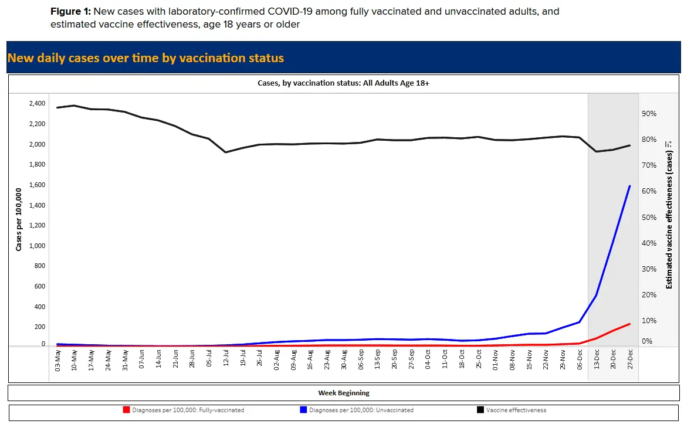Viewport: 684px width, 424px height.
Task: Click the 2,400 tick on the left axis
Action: point(36,104)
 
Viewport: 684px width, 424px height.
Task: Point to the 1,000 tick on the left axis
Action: point(36,246)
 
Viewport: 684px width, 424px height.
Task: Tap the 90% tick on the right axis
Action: point(649,113)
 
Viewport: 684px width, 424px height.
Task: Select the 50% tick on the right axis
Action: point(649,217)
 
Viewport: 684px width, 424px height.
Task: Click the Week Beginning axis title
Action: point(344,393)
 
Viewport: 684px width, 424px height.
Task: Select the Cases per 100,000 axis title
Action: point(19,219)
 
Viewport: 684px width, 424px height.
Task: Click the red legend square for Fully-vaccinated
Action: point(126,410)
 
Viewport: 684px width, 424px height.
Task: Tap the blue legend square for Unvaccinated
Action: point(303,410)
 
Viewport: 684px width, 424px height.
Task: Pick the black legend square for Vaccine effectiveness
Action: point(480,410)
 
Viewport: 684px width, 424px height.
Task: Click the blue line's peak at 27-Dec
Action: point(629,186)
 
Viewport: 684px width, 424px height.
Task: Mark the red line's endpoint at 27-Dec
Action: point(629,324)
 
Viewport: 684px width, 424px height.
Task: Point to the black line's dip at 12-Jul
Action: point(226,152)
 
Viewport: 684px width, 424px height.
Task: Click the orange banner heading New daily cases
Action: point(145,58)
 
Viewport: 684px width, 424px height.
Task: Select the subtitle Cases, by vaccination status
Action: point(343,84)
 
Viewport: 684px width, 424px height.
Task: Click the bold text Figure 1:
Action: point(70,12)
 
